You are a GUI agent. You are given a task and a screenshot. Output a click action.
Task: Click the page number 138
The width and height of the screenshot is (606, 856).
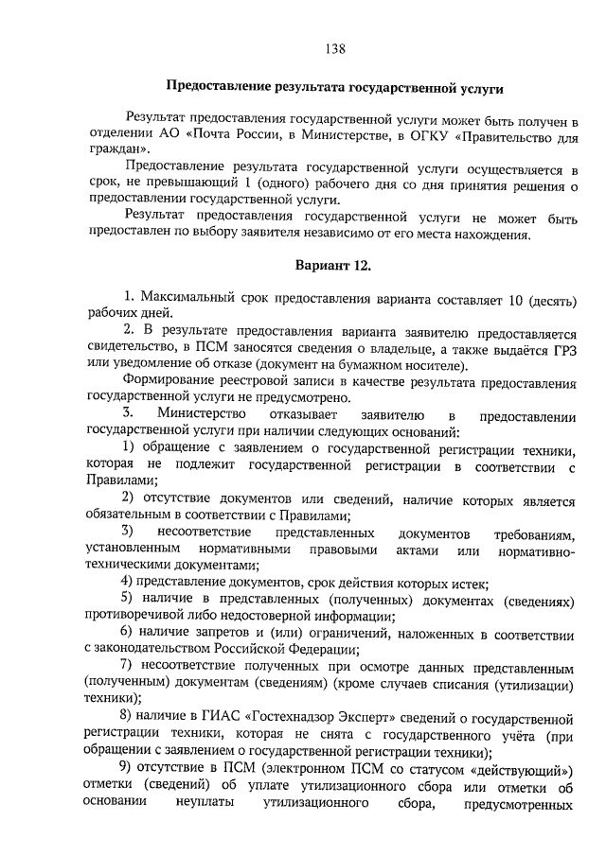(333, 49)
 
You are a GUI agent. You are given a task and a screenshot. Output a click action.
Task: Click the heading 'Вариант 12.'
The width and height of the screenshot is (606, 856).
(332, 266)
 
